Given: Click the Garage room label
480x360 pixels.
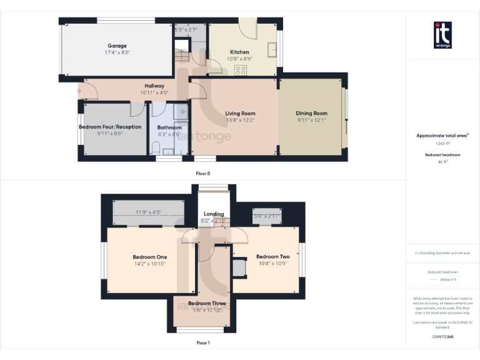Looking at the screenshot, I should tap(117, 46).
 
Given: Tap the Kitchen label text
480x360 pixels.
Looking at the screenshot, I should tap(239, 52).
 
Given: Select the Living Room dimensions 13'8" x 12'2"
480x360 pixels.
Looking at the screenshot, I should tap(240, 120).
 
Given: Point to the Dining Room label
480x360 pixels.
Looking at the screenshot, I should tap(311, 113).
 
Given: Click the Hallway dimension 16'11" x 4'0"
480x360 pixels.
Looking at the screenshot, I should tap(154, 92).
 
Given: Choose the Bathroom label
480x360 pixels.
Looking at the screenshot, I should tap(169, 127).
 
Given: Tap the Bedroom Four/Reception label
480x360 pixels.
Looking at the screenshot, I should tap(110, 126).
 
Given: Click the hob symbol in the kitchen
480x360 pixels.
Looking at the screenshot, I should tap(240, 70).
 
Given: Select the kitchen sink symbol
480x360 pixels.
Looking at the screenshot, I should tap(272, 49).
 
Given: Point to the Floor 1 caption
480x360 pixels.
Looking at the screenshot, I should tap(202, 342).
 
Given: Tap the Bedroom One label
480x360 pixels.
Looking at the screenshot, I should tap(149, 256).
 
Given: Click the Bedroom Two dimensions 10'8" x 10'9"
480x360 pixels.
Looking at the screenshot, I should tap(272, 263).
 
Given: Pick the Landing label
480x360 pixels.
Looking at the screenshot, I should tap(213, 214).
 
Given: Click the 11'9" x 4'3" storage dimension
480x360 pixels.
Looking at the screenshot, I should tap(149, 212).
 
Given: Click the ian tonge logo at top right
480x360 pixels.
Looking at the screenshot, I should tap(442, 35).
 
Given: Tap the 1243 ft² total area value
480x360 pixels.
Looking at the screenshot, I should tap(442, 143).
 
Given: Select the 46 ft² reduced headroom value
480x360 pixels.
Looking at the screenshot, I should tap(442, 162).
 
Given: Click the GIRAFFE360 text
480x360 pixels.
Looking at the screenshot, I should tap(442, 337).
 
